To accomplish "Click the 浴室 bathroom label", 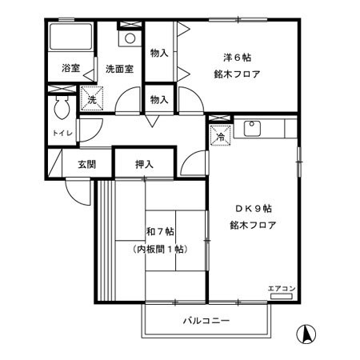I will pos(71,69).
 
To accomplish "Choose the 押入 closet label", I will pos(144,164).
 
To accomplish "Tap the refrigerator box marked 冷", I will pos(220,137).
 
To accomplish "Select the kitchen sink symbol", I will pos(252,126).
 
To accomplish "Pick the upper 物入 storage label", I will pos(158,53).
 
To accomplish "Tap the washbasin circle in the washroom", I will pos(129,38).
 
